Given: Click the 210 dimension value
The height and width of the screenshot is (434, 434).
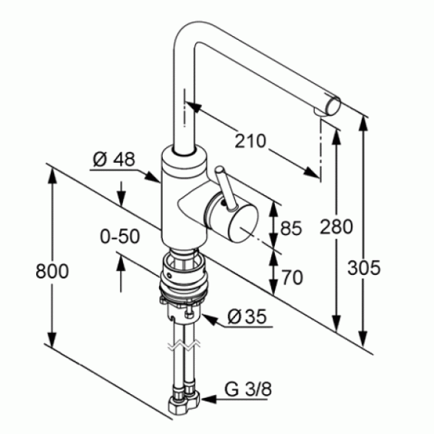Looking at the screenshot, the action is coord(251,141).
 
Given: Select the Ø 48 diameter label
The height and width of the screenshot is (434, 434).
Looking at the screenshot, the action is coord(113,159).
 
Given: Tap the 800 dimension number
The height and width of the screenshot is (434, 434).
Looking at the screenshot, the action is coord(52,271).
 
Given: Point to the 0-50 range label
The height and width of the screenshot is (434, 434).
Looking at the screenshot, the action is coord(120,237).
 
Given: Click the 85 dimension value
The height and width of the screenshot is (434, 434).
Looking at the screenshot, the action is coord(291,228).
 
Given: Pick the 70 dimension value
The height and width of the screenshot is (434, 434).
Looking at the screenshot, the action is coord(293,277).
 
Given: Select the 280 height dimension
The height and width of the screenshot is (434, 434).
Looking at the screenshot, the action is coord(336,227).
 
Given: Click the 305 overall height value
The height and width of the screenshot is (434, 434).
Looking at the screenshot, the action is coord(364,268).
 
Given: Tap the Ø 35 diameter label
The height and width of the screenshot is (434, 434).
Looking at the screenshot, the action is coord(247,316).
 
